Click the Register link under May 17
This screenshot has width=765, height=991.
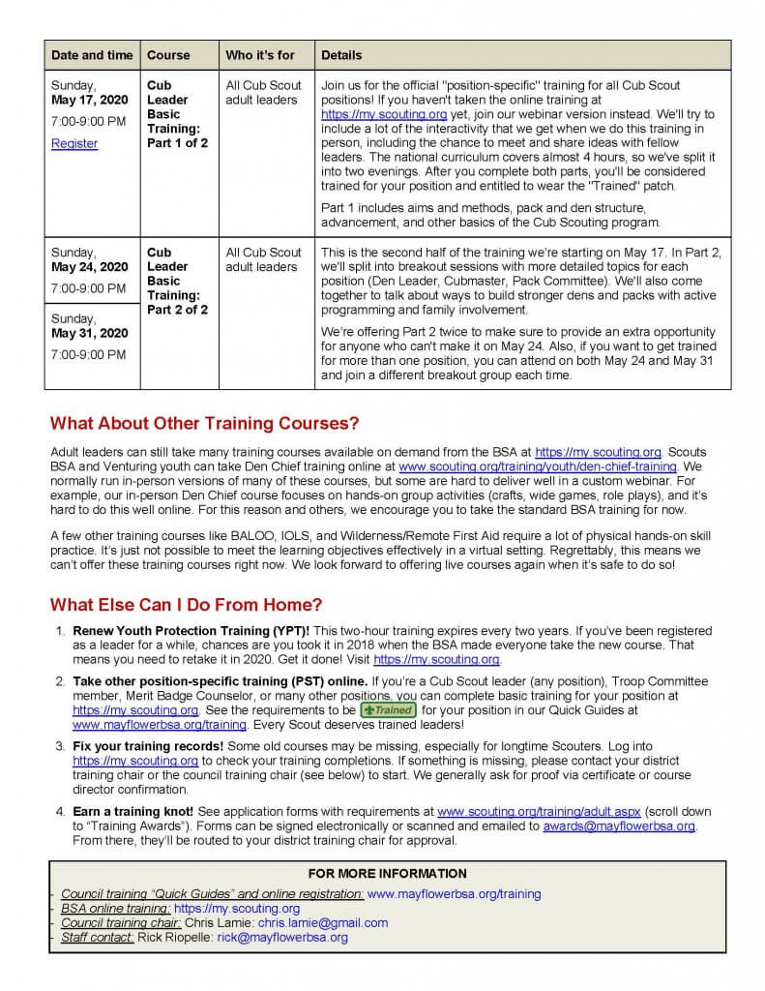pos(74,143)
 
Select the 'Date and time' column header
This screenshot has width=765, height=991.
pos(92,55)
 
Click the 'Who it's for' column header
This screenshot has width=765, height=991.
pos(260,55)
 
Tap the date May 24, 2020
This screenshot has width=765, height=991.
pos(90,266)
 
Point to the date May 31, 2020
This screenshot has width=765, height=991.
pos(90,333)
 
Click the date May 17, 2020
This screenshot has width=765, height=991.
pos(90,100)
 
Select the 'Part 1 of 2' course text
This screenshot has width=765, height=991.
pos(177,143)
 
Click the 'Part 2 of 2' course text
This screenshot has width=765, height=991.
pos(177,310)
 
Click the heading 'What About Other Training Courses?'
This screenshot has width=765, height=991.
pos(204,423)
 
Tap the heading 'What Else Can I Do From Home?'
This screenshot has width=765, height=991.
pos(186,605)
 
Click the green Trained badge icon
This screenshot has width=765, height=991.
pos(387,709)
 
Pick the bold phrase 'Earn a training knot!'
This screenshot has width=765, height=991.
pos(133,811)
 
